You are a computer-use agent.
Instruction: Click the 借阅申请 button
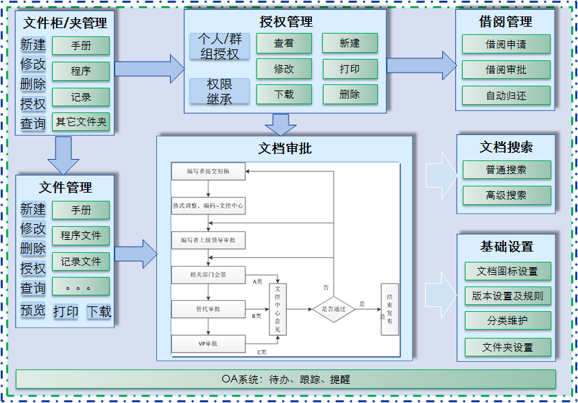506,45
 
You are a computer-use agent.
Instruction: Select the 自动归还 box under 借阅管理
506,95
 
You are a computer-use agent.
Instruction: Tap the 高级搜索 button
506,195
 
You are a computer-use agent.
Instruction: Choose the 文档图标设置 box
507,271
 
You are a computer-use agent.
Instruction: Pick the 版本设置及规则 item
507,296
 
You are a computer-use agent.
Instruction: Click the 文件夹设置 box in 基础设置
507,347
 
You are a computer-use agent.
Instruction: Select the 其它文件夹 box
81,123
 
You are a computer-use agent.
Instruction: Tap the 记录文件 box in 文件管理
81,261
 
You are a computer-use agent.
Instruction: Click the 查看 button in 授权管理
284,43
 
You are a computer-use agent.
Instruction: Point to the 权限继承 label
219,91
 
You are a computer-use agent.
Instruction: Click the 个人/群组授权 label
219,46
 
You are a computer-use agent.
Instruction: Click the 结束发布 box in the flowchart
389,310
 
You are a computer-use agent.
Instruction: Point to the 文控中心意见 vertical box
278,309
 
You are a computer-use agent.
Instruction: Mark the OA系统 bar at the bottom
285,379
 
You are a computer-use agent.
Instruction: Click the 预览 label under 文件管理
33,310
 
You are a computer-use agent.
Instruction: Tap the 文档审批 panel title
285,148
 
